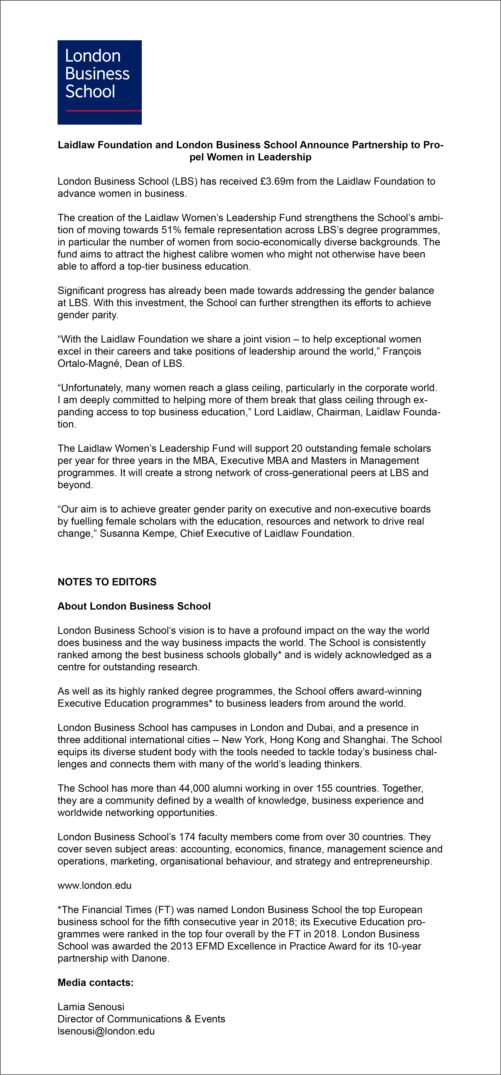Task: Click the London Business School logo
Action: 100,82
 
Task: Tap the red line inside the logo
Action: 103,111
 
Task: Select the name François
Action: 402,351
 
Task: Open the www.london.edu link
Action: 95,886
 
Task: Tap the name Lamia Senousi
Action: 91,1007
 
